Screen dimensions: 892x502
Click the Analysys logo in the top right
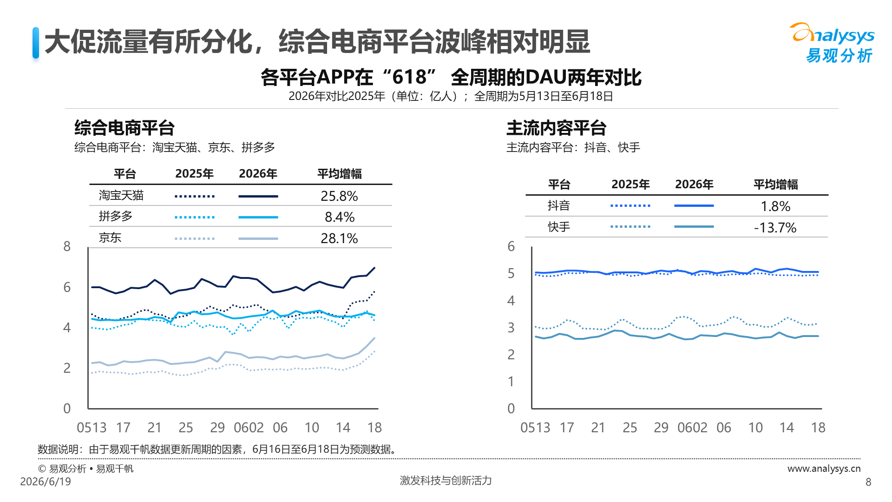click(x=832, y=43)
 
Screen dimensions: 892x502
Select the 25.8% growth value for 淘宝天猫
click(x=339, y=196)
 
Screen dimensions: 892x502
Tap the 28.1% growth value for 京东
click(x=339, y=238)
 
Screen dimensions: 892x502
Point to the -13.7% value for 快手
click(x=775, y=227)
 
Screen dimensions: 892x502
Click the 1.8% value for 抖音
click(x=775, y=206)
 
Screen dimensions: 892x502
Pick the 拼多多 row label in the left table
click(x=116, y=216)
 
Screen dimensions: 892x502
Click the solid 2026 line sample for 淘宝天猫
click(x=258, y=197)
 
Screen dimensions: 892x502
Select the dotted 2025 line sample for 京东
click(x=195, y=239)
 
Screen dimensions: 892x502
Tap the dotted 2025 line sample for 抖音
click(x=630, y=205)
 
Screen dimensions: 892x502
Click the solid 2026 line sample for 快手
click(x=694, y=227)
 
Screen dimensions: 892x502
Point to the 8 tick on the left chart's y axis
click(x=67, y=246)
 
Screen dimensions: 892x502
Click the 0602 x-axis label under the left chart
click(x=249, y=428)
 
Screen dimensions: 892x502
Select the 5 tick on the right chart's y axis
click(x=511, y=273)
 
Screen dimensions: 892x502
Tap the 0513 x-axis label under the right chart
click(x=535, y=428)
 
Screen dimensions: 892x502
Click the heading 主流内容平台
click(x=557, y=128)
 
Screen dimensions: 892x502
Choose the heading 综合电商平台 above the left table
click(x=125, y=128)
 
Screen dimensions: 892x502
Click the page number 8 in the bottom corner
click(x=868, y=482)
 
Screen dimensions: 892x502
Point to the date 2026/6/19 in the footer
click(x=46, y=482)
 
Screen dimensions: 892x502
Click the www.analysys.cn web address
click(x=824, y=469)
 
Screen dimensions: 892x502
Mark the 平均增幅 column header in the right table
click(x=775, y=185)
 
